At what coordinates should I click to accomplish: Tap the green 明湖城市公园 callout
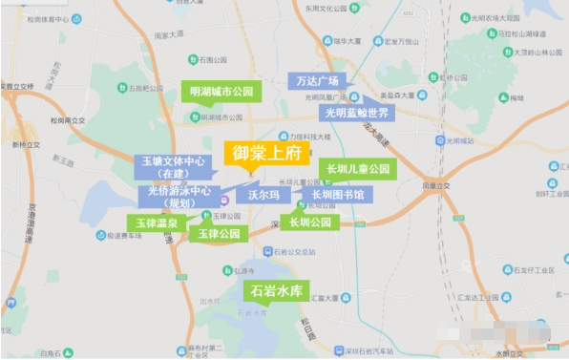tap(221, 92)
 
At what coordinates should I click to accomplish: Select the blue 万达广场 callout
tap(318, 81)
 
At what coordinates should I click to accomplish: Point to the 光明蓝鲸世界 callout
tap(357, 113)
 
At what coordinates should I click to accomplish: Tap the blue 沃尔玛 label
tap(263, 195)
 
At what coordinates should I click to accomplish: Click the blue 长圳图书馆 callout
tap(337, 195)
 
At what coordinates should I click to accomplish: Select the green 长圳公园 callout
tap(309, 222)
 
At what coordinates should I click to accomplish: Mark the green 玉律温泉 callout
tap(157, 222)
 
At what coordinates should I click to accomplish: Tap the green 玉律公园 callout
tap(219, 232)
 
